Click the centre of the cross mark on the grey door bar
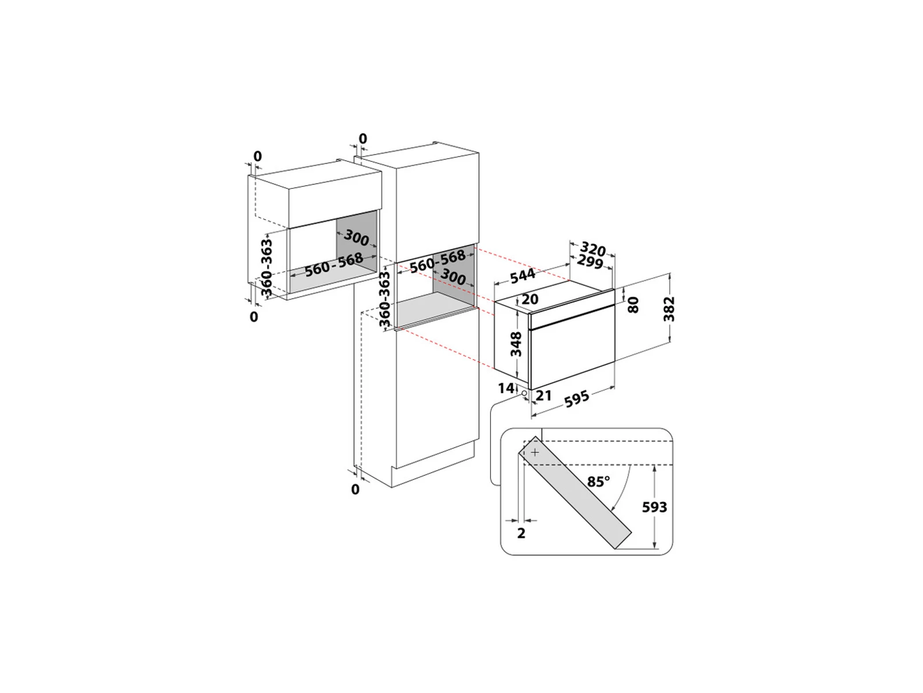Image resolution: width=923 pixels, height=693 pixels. pyautogui.click(x=534, y=452)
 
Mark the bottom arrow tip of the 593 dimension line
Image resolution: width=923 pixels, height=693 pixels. pyautogui.click(x=655, y=549)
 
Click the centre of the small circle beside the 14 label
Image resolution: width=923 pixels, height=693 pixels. pyautogui.click(x=524, y=393)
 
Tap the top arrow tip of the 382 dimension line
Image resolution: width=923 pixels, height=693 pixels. pyautogui.click(x=669, y=274)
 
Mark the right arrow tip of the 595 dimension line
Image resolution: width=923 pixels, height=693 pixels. pyautogui.click(x=615, y=386)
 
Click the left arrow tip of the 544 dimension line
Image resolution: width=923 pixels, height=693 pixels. pyautogui.click(x=494, y=285)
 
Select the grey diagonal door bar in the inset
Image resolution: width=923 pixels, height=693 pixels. pyautogui.click(x=575, y=493)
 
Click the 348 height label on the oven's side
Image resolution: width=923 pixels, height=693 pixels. pyautogui.click(x=516, y=344)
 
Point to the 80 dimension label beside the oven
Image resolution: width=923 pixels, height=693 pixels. pyautogui.click(x=633, y=304)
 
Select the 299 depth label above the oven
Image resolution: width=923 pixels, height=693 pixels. pyautogui.click(x=590, y=262)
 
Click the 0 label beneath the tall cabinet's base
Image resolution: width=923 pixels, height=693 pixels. pyautogui.click(x=355, y=489)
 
